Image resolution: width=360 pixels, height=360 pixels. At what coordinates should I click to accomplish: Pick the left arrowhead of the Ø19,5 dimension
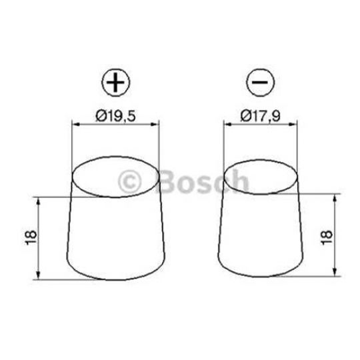coord(75,124)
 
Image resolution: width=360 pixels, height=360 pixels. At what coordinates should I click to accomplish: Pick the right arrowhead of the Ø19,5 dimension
coord(157,124)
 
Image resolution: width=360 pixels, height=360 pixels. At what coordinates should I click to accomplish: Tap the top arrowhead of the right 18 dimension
coord(335,197)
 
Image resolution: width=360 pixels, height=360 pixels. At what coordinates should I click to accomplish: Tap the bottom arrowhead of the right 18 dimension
coord(335,272)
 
